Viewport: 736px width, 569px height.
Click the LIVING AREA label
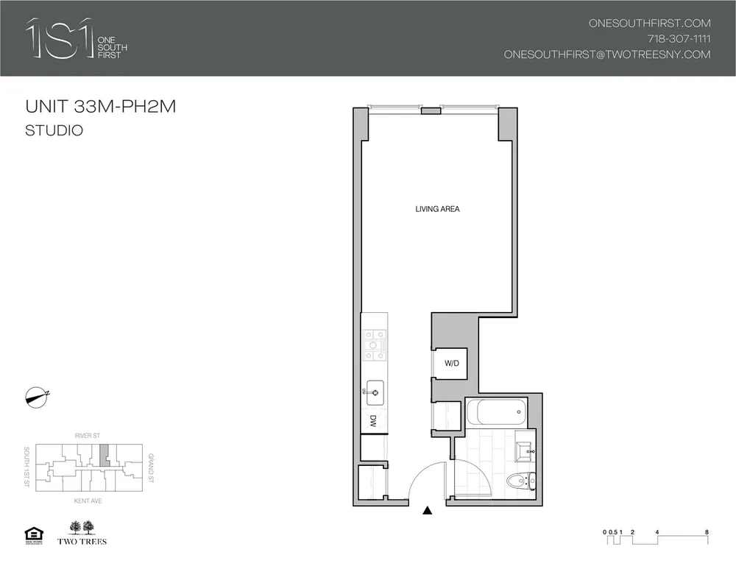tap(437, 210)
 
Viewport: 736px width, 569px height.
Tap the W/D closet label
tap(451, 364)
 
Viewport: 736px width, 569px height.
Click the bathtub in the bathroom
tap(496, 412)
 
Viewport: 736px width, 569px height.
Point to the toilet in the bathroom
tap(520, 481)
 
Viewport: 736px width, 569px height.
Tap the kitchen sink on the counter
tap(374, 391)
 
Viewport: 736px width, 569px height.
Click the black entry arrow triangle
tap(427, 509)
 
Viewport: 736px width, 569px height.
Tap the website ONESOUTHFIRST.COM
tap(649, 23)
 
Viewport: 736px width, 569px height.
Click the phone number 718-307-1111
tap(678, 38)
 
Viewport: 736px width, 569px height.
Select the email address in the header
tap(606, 54)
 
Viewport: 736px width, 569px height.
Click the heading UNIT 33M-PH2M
tap(100, 107)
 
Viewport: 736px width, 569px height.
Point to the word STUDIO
tap(53, 132)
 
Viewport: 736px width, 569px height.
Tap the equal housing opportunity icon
tap(34, 533)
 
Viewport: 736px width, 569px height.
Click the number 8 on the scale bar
tap(706, 531)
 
